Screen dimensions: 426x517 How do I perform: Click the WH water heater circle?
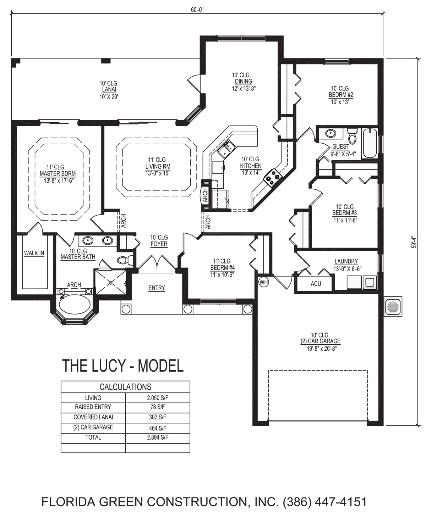click(263, 282)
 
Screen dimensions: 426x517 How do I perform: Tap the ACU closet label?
click(316, 284)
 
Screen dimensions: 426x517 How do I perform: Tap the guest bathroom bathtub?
click(370, 143)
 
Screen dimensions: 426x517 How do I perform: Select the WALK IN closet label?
click(34, 253)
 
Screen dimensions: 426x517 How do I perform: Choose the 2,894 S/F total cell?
click(158, 437)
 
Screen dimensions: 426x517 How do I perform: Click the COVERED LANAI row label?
click(93, 417)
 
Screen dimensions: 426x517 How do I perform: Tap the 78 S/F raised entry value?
click(158, 407)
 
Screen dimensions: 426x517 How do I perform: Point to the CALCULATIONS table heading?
click(125, 387)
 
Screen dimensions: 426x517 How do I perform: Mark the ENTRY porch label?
click(157, 288)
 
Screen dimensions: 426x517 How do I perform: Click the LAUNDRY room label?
click(346, 261)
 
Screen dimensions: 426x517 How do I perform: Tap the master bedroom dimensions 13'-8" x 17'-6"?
click(59, 181)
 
